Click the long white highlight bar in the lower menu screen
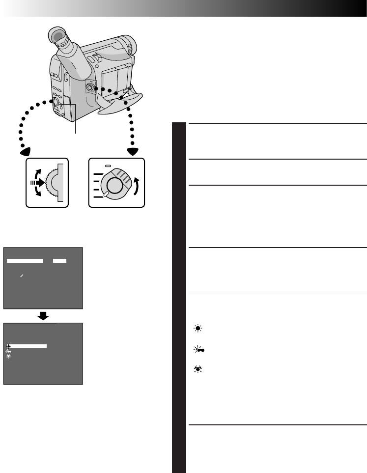point(28,346)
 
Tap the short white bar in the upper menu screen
point(60,260)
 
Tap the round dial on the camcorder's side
point(90,87)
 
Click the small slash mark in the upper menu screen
point(22,277)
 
